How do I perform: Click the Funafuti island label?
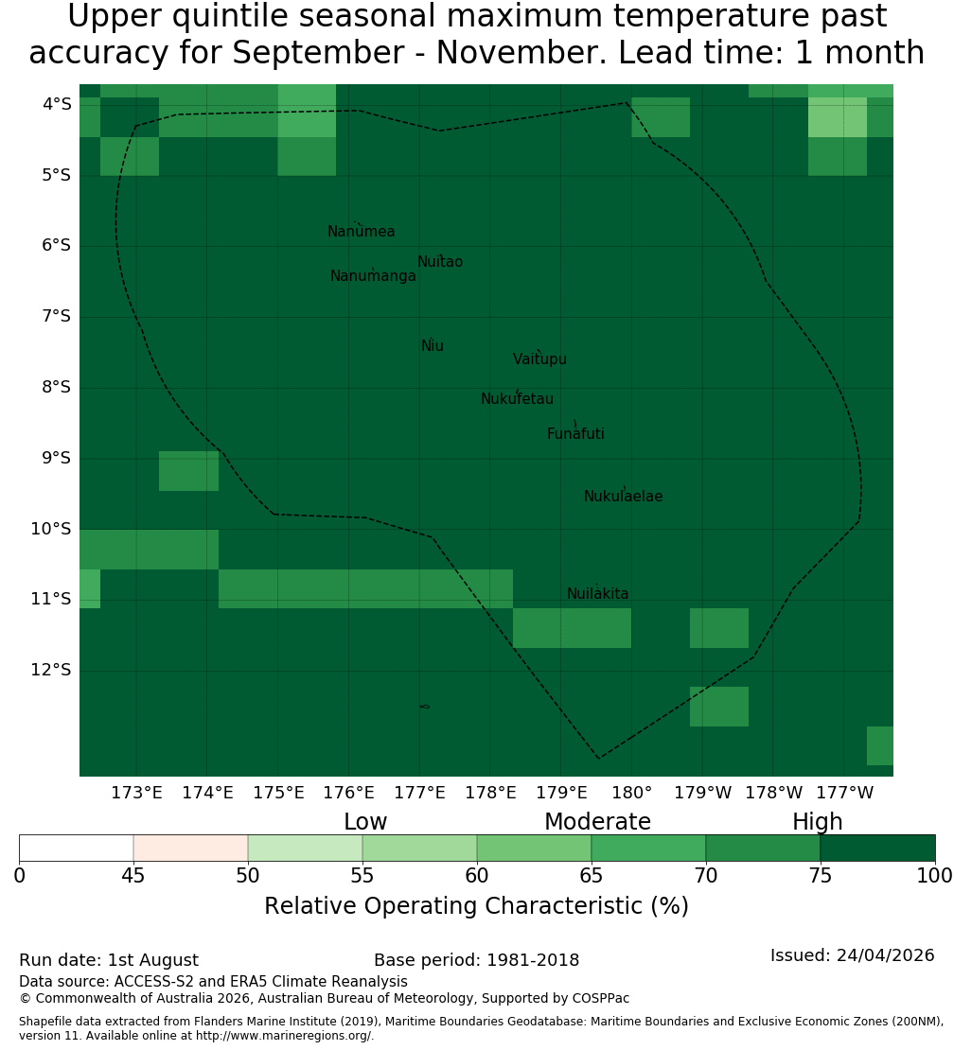click(x=575, y=434)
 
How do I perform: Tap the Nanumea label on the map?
click(x=362, y=232)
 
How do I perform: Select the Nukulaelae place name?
click(x=623, y=497)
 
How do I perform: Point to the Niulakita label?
click(x=597, y=593)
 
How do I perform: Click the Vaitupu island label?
click(x=540, y=359)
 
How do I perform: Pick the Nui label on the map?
click(x=433, y=345)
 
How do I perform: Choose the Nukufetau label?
click(x=517, y=399)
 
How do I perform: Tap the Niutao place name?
click(x=440, y=262)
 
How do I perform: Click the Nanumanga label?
click(x=373, y=276)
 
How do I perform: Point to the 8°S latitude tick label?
click(x=56, y=387)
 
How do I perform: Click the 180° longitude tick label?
click(x=632, y=793)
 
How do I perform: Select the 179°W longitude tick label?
click(x=703, y=793)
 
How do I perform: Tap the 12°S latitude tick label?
click(x=51, y=670)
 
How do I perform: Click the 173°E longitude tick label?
click(x=136, y=793)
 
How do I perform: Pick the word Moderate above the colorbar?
click(x=597, y=822)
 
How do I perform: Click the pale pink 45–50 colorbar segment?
click(x=191, y=848)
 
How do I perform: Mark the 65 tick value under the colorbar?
click(x=591, y=875)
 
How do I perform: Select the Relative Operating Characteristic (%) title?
click(x=476, y=906)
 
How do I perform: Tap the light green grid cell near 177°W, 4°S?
click(x=838, y=117)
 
